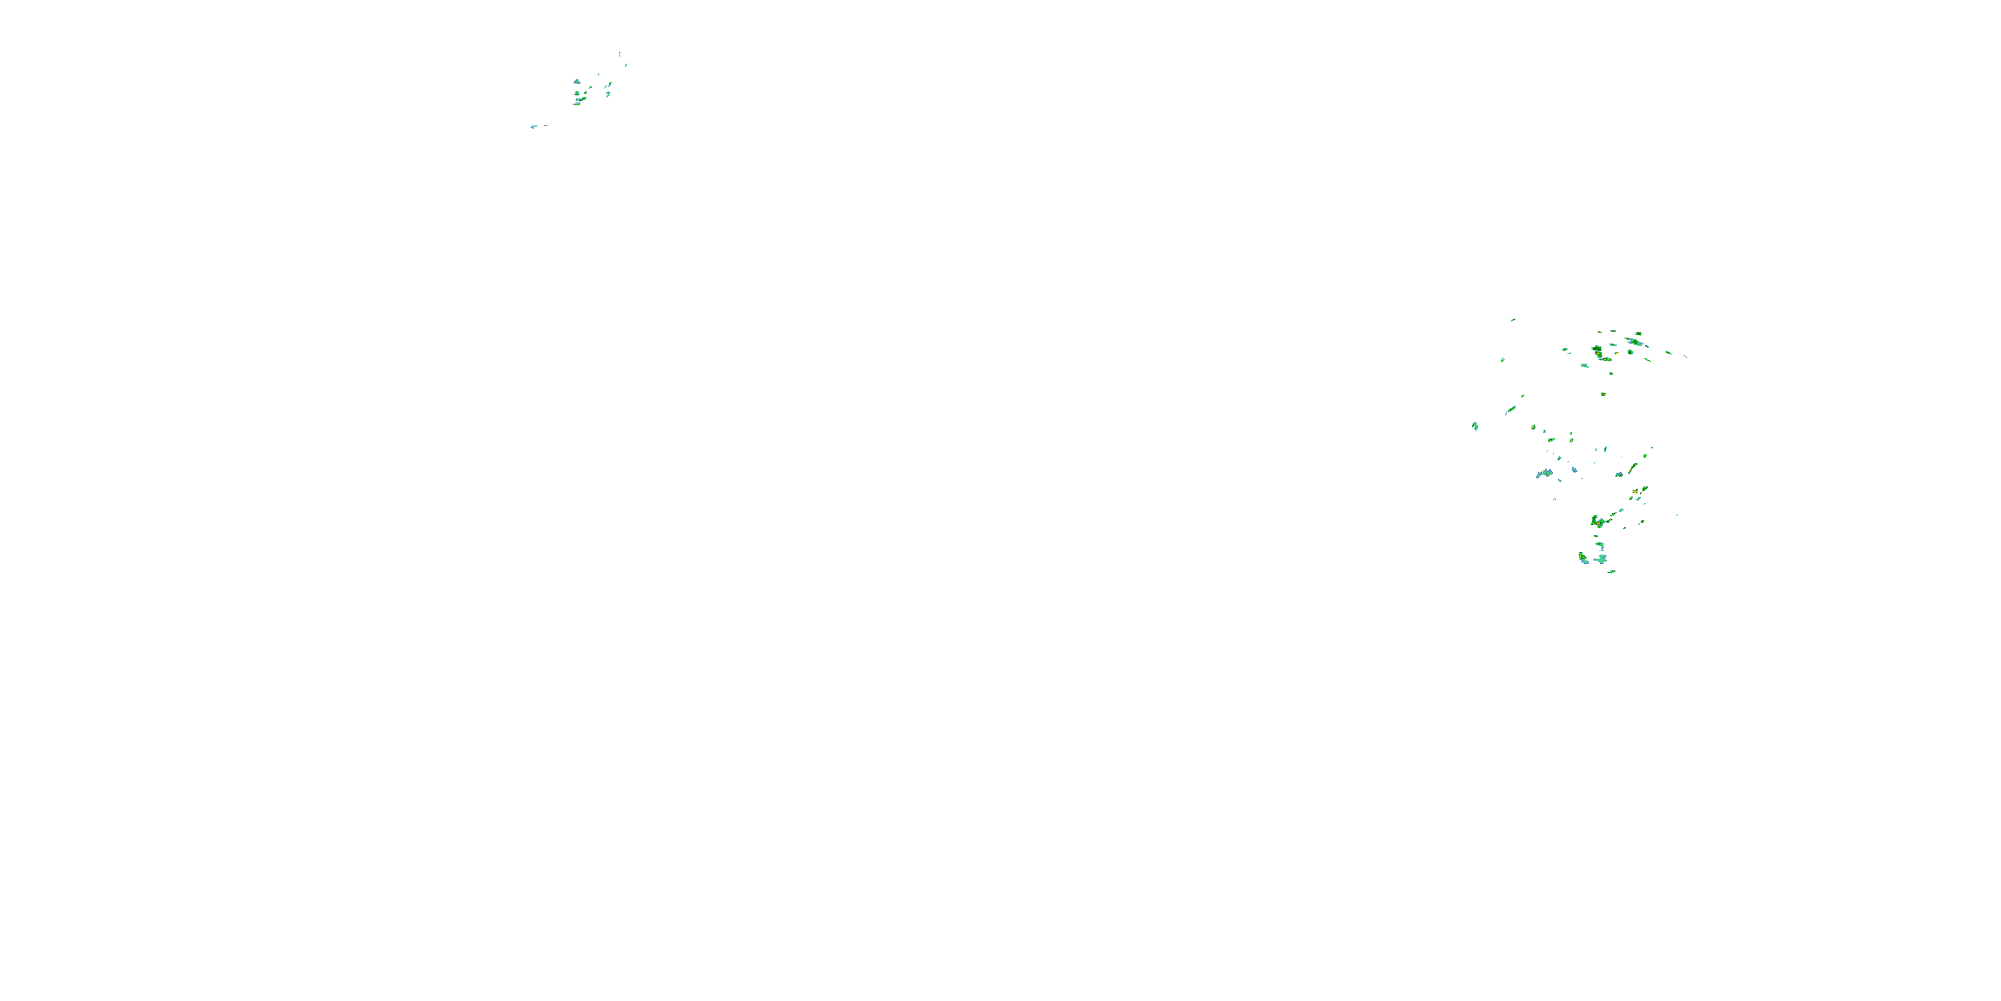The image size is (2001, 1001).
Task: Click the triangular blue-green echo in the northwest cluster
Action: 576,81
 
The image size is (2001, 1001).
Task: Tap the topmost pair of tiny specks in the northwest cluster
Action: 619,53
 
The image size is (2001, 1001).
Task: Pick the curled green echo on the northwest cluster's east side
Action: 608,94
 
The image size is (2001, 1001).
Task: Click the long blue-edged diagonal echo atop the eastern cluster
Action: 1636,342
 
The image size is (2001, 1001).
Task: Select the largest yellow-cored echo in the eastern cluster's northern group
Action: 1599,354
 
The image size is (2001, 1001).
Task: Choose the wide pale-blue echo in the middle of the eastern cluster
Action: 1544,473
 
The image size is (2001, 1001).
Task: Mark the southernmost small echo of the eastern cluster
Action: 1611,572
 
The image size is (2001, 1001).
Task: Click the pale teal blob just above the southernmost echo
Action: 1601,558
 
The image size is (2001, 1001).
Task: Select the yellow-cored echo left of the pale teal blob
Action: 1583,557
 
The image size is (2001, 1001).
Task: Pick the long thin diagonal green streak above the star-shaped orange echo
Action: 1633,468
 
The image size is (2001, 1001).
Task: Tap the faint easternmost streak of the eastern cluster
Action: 1684,356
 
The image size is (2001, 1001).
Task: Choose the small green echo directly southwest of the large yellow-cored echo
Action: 1585,365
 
